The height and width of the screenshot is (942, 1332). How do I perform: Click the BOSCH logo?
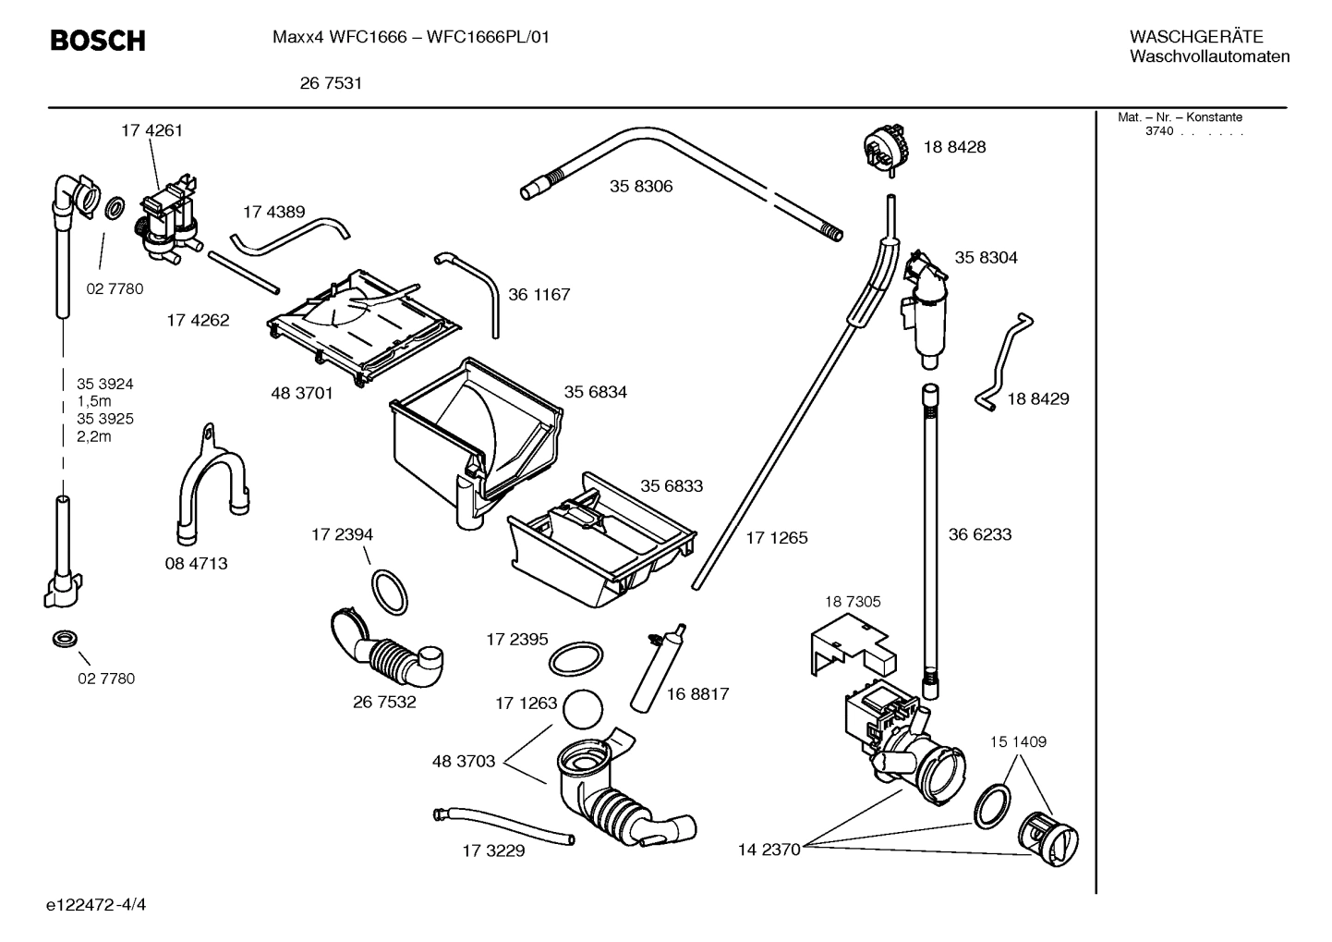[97, 41]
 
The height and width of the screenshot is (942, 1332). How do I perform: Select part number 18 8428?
[954, 147]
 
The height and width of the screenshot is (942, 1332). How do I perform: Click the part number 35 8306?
[641, 187]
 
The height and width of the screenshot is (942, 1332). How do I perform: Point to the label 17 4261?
[151, 130]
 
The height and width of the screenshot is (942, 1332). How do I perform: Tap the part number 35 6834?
[595, 392]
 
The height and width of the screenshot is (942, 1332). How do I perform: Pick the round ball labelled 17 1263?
[582, 709]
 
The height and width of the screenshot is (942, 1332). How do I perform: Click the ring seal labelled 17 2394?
[389, 592]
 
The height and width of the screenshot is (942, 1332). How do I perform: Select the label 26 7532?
[384, 703]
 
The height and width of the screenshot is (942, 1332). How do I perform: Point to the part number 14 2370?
[769, 850]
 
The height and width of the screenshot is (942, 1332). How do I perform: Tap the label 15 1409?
[1018, 742]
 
